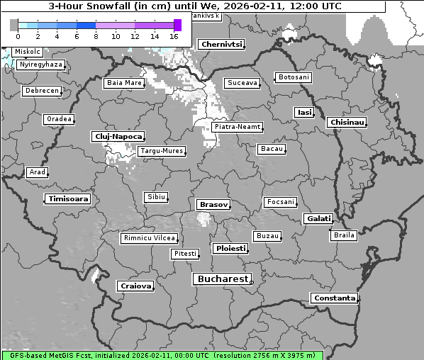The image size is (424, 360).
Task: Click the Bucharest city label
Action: tap(223, 279)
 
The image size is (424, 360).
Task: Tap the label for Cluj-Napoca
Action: tap(118, 136)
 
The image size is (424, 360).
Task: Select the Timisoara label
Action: tap(68, 199)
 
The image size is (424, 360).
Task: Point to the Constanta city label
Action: tap(334, 298)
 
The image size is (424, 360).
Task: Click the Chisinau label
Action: tap(347, 123)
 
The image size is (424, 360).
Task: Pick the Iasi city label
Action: tap(304, 113)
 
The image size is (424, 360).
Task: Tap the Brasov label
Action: tap(213, 205)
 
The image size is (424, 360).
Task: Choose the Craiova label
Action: tap(135, 286)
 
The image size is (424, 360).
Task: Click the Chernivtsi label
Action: tap(222, 45)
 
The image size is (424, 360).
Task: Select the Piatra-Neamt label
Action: tap(238, 127)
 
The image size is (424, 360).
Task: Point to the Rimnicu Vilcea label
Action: tap(149, 238)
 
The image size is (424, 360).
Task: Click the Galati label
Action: tap(318, 219)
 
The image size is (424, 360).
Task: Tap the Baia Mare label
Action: tap(124, 83)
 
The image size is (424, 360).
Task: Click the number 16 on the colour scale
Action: tap(174, 36)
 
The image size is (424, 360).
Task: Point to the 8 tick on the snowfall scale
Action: tap(96, 36)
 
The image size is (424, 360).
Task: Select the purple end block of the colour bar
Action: tap(177, 25)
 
